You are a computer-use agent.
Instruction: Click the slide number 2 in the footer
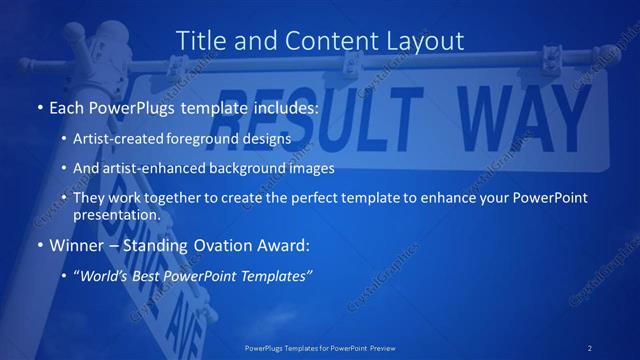point(591,347)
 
